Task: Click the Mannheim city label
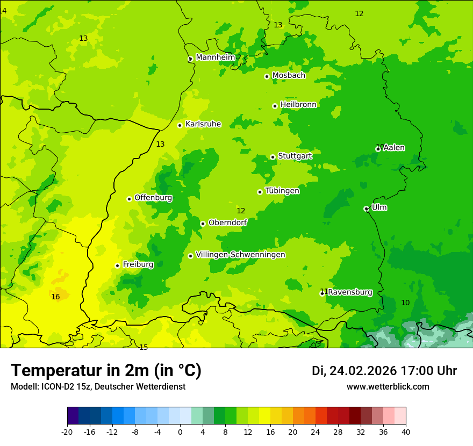216,57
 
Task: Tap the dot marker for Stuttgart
273,157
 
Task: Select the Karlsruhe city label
203,124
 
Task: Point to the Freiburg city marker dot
117,265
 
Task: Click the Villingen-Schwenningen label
240,255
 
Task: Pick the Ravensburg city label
350,292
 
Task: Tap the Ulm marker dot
366,208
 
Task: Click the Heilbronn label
298,105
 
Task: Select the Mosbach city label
289,76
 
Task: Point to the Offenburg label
153,198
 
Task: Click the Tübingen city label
282,191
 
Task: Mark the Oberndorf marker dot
203,224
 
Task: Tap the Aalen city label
394,148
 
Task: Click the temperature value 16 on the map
55,297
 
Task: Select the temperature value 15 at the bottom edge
144,348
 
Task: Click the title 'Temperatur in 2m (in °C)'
106,370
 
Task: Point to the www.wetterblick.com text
388,387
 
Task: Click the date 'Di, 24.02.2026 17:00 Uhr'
384,371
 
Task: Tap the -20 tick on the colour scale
67,431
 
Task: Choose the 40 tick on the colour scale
406,431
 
